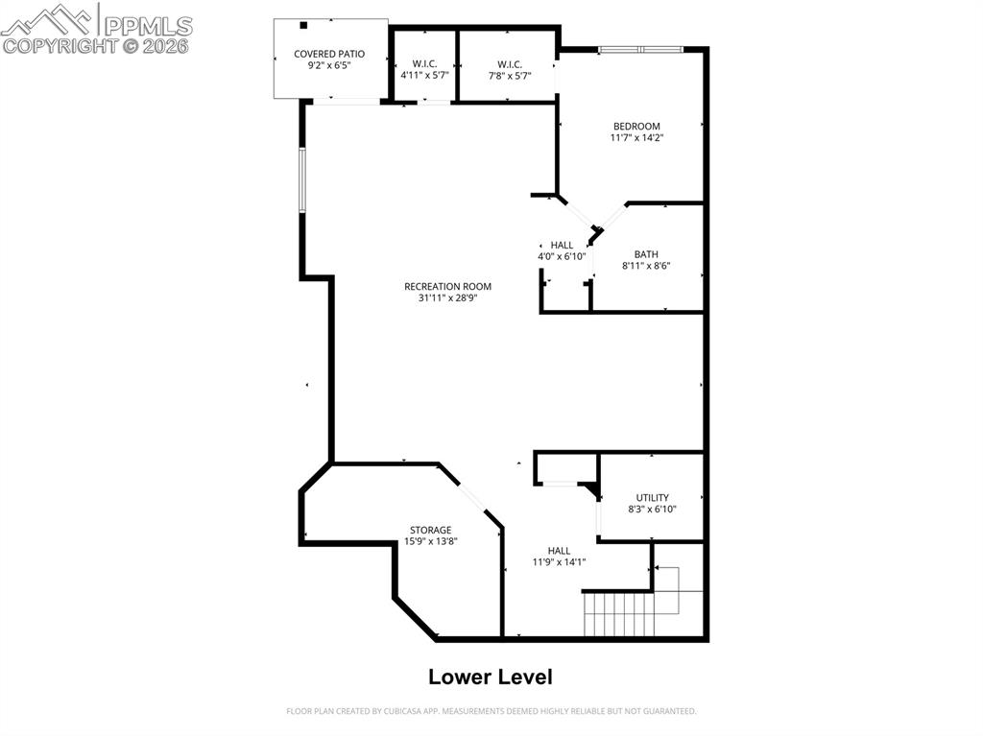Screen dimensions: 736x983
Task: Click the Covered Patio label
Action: [329, 54]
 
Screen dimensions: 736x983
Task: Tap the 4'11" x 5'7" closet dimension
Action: [424, 75]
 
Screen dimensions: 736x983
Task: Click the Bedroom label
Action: [636, 126]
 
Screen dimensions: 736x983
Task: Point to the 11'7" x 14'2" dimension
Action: [636, 138]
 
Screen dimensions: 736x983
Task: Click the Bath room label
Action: [645, 254]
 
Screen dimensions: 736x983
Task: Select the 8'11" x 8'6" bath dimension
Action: [645, 266]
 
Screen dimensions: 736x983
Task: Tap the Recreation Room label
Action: [447, 286]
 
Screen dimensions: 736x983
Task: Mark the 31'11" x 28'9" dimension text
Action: [447, 298]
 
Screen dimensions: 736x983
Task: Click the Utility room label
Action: [652, 497]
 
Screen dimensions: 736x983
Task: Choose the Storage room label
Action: [430, 530]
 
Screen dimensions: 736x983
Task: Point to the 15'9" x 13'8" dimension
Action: [430, 541]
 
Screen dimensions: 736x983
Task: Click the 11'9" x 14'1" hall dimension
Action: [559, 562]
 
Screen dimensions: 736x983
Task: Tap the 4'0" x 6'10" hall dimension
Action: [562, 256]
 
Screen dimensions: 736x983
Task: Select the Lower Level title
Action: [490, 677]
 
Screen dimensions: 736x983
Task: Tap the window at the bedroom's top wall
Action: [640, 49]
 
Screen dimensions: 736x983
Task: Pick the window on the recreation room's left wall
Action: [301, 180]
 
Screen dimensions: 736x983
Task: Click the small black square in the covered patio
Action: [303, 26]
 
